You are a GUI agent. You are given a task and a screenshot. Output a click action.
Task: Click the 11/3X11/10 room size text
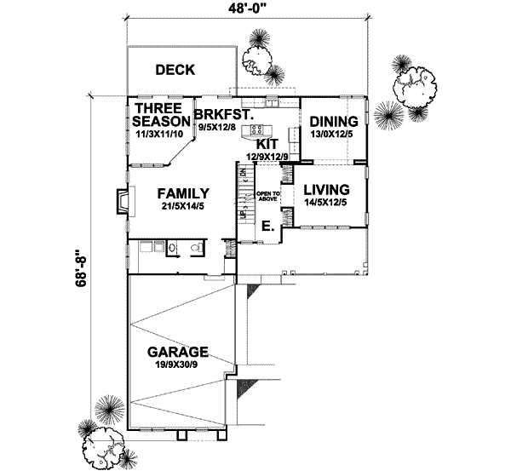(159, 135)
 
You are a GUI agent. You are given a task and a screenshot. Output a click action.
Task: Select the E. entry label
(267, 227)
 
